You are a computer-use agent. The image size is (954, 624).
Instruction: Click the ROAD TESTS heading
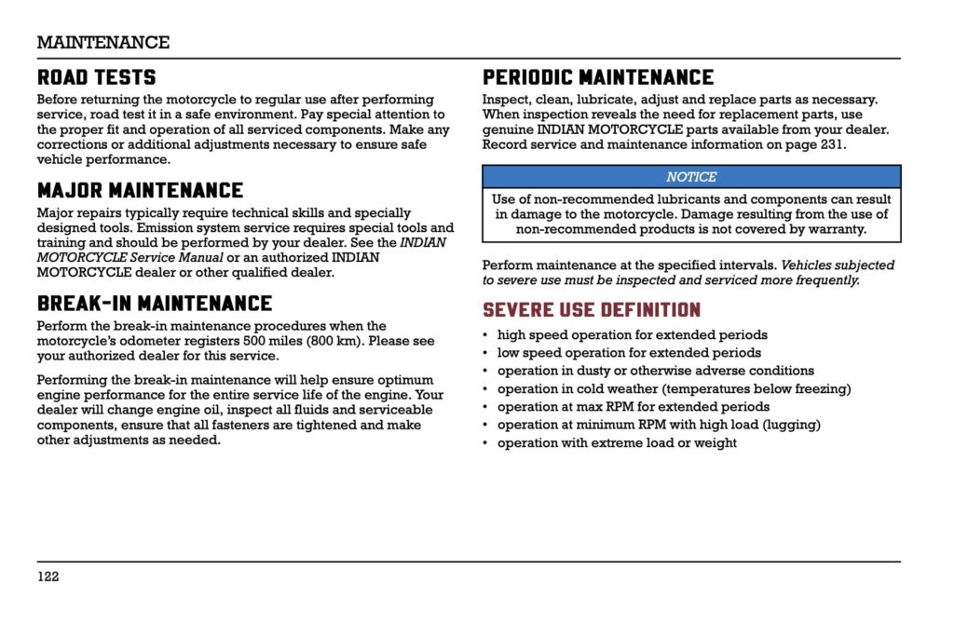pyautogui.click(x=97, y=77)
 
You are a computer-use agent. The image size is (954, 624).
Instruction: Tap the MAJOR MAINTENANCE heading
pyautogui.click(x=141, y=191)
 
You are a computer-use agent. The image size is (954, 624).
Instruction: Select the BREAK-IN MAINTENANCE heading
pyautogui.click(x=155, y=304)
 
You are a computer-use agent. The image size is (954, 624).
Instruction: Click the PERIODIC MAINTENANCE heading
pyautogui.click(x=598, y=77)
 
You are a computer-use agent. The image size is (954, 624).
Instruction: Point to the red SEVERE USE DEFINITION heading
pyautogui.click(x=592, y=310)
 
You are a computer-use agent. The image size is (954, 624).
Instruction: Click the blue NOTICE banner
pyautogui.click(x=691, y=177)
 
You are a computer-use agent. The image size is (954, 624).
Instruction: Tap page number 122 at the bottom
pyautogui.click(x=48, y=577)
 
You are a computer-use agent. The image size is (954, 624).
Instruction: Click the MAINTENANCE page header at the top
pyautogui.click(x=103, y=43)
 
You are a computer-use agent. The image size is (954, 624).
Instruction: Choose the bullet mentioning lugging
pyautogui.click(x=659, y=425)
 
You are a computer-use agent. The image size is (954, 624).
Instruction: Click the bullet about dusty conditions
pyautogui.click(x=655, y=371)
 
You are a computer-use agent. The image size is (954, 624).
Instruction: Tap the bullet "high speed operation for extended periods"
pyautogui.click(x=633, y=334)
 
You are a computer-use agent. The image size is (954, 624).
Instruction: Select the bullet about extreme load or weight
pyautogui.click(x=617, y=442)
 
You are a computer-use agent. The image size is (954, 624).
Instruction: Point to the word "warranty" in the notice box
pyautogui.click(x=838, y=228)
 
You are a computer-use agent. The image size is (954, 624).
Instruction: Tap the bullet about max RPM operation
pyautogui.click(x=634, y=407)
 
